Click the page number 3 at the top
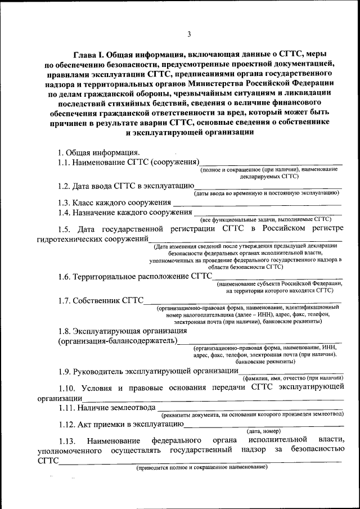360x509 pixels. pos(190,35)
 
